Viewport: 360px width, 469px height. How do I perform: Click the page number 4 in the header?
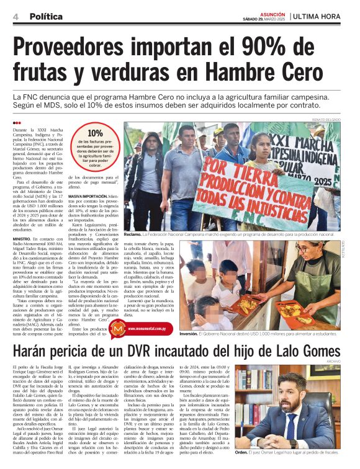(16, 17)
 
